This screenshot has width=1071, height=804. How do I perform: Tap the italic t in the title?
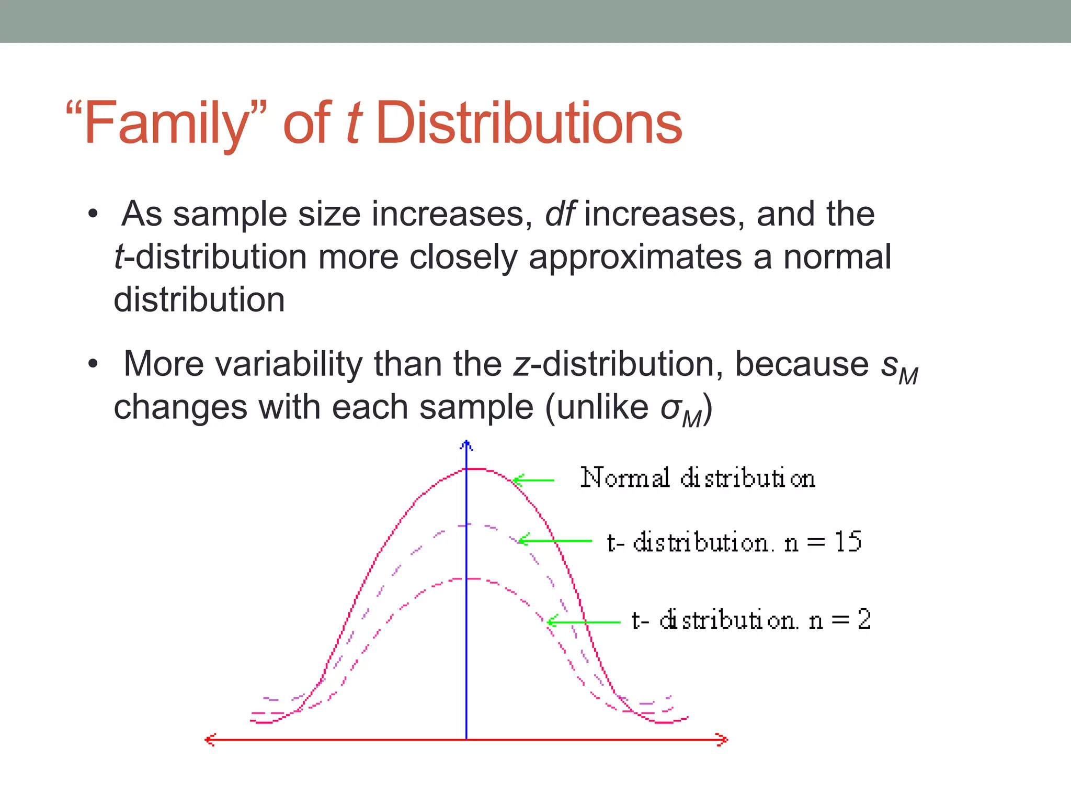pos(354,124)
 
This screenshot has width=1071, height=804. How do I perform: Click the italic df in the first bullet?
pos(560,214)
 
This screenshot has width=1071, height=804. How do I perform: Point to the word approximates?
pos(635,258)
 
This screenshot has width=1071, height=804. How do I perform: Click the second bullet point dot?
pos(93,363)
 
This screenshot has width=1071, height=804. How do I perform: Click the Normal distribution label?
pos(698,478)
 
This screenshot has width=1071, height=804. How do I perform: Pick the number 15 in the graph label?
pos(848,542)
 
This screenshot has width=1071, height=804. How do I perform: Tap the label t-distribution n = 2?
pos(751,620)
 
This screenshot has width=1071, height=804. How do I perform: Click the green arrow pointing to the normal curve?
pos(533,479)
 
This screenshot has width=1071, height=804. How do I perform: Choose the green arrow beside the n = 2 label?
pos(583,622)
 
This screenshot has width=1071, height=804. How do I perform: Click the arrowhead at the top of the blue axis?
pos(466,445)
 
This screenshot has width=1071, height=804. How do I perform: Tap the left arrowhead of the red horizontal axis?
pos(210,740)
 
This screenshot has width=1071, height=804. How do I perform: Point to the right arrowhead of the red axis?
pos(723,740)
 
